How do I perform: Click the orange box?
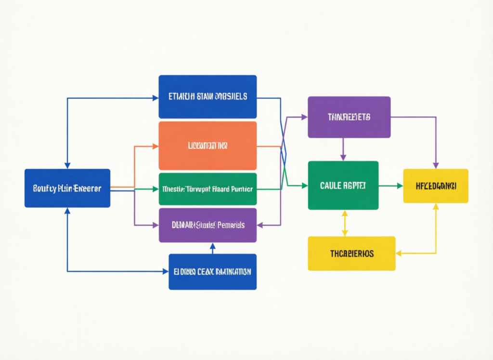(x=208, y=146)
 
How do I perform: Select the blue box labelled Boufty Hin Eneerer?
(x=67, y=188)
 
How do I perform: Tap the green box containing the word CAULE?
(x=343, y=186)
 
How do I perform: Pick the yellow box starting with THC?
(x=351, y=253)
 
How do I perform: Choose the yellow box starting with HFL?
(x=435, y=186)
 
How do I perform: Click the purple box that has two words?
(x=208, y=225)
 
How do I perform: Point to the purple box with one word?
(x=349, y=117)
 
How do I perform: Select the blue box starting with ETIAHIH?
(x=208, y=96)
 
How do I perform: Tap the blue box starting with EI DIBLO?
(x=212, y=272)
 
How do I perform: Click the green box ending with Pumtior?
(x=208, y=189)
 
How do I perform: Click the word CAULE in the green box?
(x=330, y=186)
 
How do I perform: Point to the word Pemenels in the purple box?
(x=231, y=225)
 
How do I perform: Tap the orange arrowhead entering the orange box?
(x=155, y=146)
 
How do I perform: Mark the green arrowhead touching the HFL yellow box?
(x=400, y=186)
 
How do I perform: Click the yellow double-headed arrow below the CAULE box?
(x=344, y=223)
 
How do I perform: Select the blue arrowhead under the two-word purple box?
(x=212, y=246)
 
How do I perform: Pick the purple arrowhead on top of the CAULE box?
(x=343, y=157)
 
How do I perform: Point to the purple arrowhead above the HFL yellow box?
(x=436, y=165)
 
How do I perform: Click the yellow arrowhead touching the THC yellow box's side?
(x=399, y=253)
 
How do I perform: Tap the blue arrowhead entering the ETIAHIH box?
(x=155, y=98)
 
